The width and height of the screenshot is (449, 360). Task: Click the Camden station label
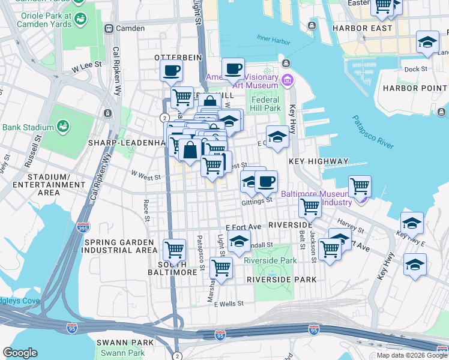130,28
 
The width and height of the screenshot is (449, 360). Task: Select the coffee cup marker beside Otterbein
172,71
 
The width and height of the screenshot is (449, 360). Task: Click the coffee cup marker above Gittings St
266,182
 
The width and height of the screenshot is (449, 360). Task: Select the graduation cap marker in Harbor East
427,43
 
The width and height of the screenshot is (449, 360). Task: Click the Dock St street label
415,69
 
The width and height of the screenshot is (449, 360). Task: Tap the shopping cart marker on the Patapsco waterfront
360,187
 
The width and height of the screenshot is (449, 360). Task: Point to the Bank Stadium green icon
62,127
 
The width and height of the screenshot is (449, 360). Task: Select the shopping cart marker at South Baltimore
174,249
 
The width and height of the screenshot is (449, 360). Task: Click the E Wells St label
229,304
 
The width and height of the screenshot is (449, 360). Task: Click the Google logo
20,353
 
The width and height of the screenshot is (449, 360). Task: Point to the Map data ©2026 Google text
411,355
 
